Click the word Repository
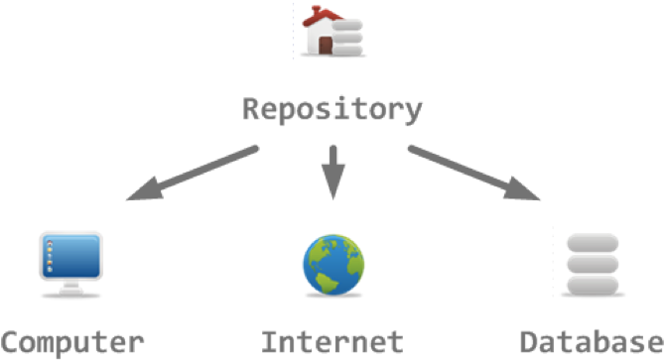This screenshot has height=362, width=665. pyautogui.click(x=332, y=110)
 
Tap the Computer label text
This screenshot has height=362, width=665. pyautogui.click(x=72, y=343)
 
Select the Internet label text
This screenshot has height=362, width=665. pyautogui.click(x=332, y=342)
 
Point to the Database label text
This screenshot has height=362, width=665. pyautogui.click(x=593, y=342)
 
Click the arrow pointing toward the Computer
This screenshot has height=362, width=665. pyautogui.click(x=193, y=173)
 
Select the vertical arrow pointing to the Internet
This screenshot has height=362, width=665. pyautogui.click(x=333, y=173)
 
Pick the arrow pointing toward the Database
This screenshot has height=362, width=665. pyautogui.click(x=473, y=173)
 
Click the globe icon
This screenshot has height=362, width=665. pyautogui.click(x=333, y=265)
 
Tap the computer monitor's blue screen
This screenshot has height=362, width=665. pyautogui.click(x=71, y=256)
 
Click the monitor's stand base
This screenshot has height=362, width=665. pyautogui.click(x=71, y=292)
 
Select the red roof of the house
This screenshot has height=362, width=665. pyautogui.click(x=321, y=17)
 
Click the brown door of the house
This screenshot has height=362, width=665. pyautogui.click(x=326, y=46)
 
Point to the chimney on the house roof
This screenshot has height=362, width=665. pyautogui.click(x=316, y=9)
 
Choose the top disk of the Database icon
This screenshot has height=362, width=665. pyautogui.click(x=593, y=243)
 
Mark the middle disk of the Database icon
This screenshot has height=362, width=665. pyautogui.click(x=593, y=264)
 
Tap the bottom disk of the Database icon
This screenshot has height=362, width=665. pyautogui.click(x=593, y=286)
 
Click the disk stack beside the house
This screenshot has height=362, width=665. pyautogui.click(x=347, y=38)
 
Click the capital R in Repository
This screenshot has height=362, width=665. pyautogui.click(x=251, y=108)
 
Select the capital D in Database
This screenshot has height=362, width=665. pyautogui.click(x=529, y=342)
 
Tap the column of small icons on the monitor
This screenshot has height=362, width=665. pyautogui.click(x=50, y=256)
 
